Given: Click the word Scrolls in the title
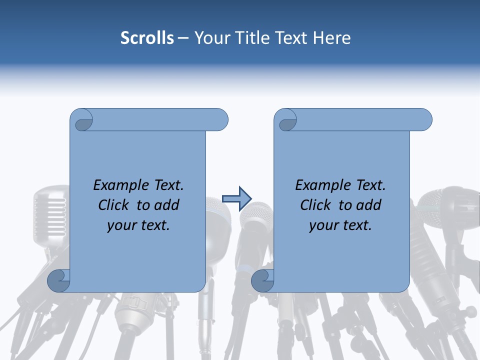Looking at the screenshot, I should click(147, 38).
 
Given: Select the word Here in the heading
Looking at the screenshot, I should click(332, 38).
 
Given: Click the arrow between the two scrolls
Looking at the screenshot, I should click(236, 198).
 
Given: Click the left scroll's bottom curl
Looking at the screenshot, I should click(58, 280).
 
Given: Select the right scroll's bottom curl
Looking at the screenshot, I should click(262, 280).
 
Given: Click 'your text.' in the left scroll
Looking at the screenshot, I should click(138, 225).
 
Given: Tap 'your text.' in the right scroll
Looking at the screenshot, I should click(340, 225).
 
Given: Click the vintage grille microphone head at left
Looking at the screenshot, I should click(50, 210).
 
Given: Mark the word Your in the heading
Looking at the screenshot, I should click(210, 38).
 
